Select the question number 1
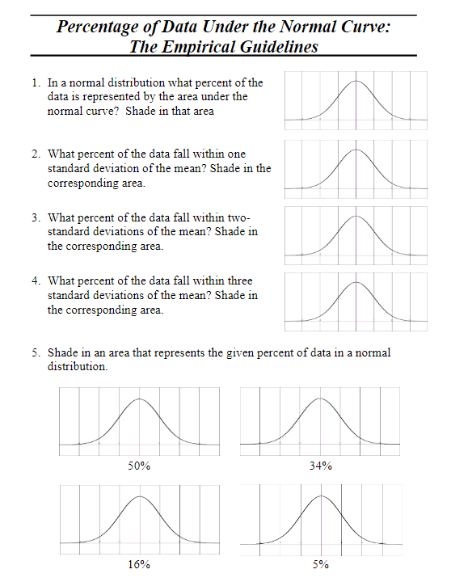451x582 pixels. click(x=36, y=83)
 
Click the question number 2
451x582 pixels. click(x=36, y=154)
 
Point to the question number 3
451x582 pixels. click(x=36, y=218)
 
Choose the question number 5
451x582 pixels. click(x=36, y=353)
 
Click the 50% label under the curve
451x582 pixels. click(x=139, y=466)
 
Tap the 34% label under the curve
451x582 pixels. click(x=321, y=466)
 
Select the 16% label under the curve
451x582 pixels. click(x=139, y=564)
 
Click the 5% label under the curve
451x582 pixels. click(x=321, y=564)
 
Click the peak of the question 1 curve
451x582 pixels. click(x=356, y=82)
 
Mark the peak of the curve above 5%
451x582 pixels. click(x=322, y=496)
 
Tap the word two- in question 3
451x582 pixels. click(x=241, y=218)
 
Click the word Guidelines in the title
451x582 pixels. click(x=278, y=47)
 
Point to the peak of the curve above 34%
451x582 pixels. click(x=322, y=399)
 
